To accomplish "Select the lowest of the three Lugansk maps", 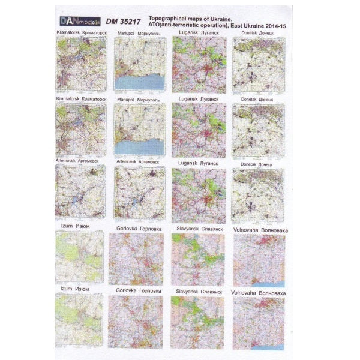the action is click(x=198, y=197).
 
